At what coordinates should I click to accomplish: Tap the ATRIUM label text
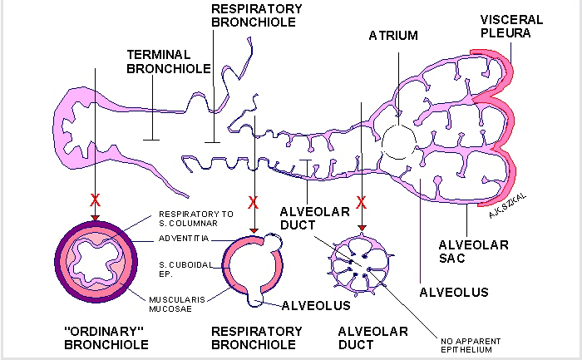click(393, 36)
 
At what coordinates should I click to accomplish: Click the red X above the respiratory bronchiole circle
click(254, 202)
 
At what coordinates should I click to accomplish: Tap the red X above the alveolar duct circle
click(363, 202)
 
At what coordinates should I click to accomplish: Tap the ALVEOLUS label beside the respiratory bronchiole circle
click(315, 305)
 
